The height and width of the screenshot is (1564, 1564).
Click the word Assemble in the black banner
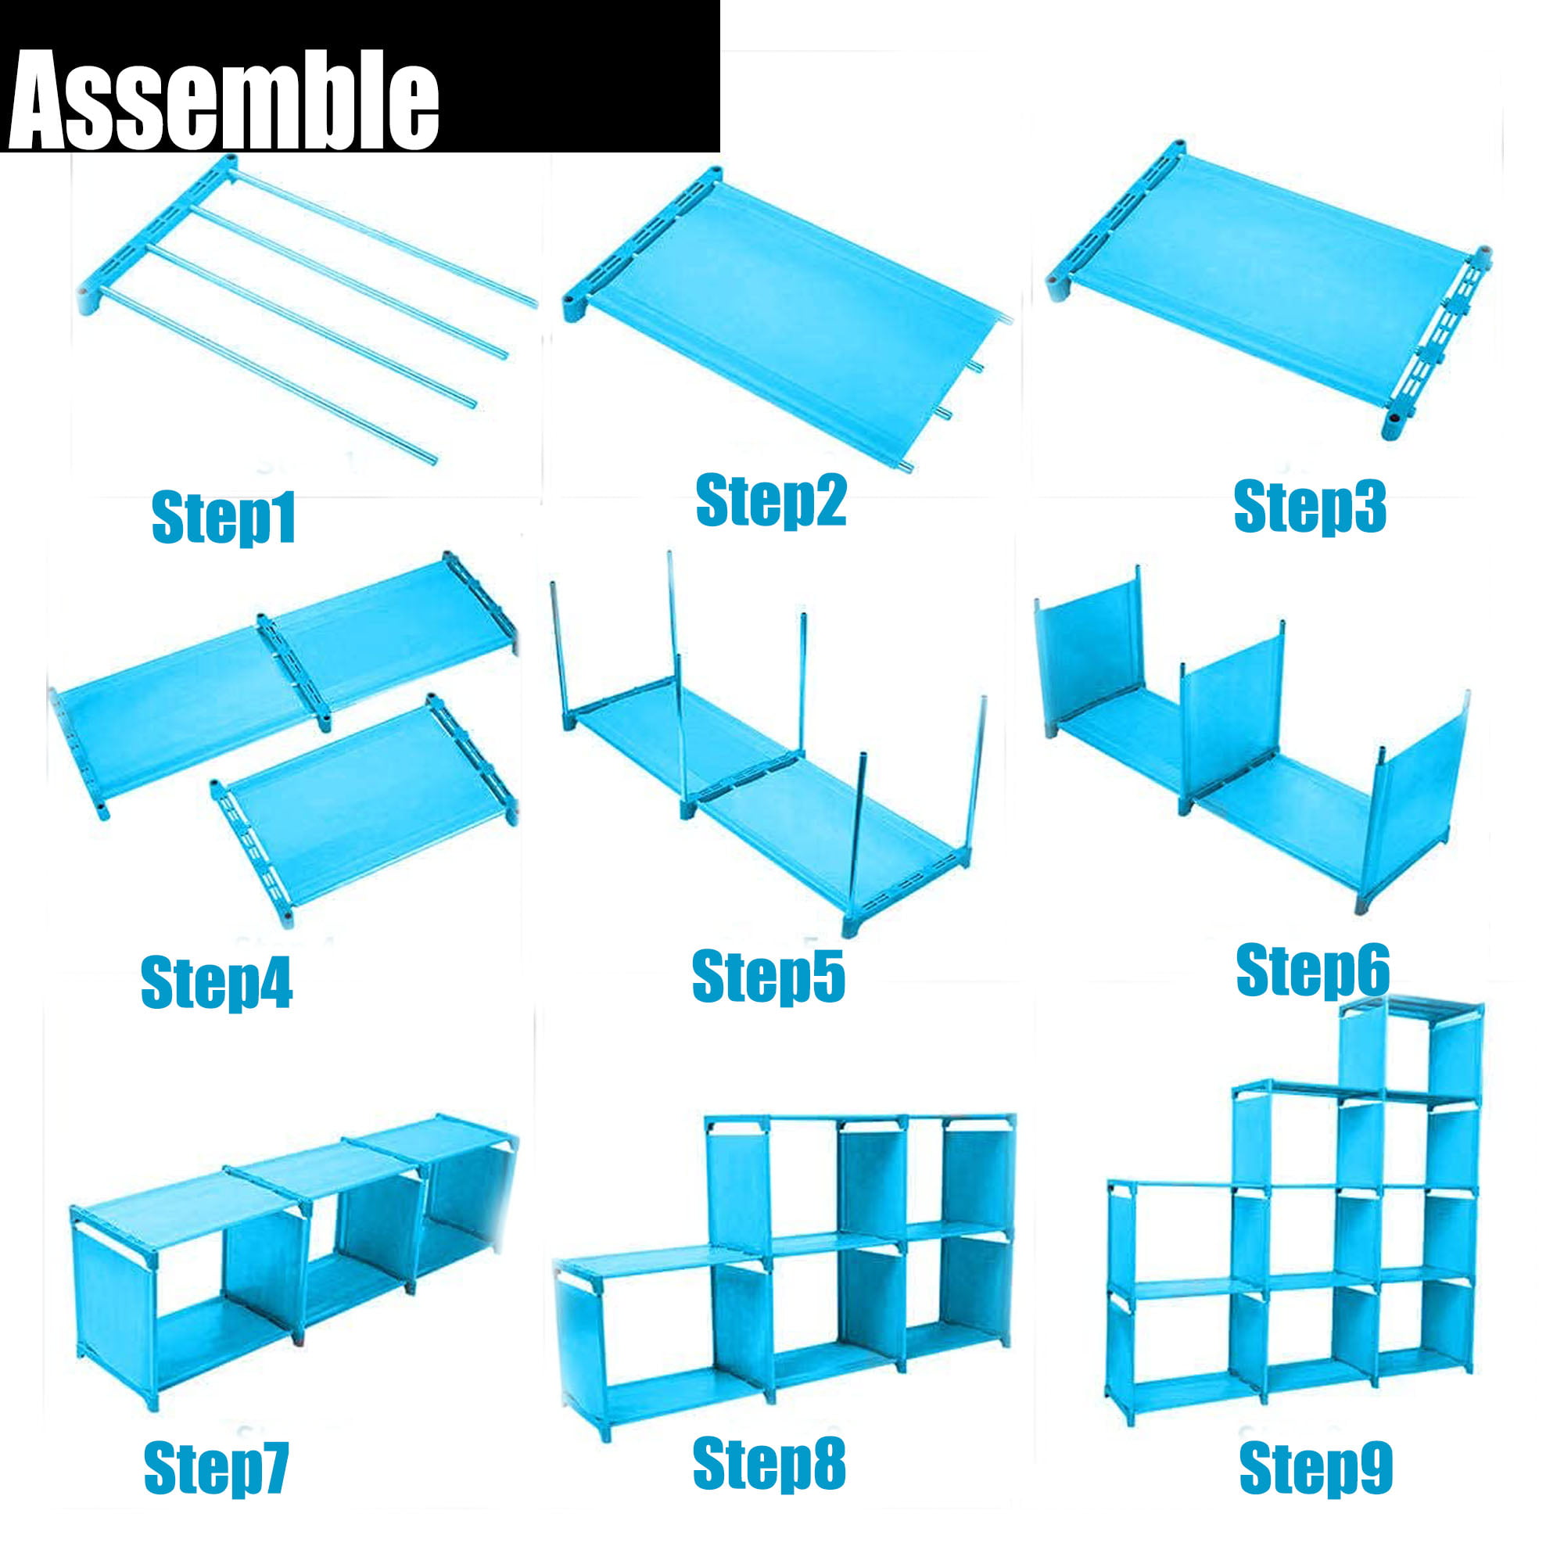224,99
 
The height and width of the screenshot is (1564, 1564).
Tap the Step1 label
224,517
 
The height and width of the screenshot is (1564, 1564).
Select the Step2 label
771,501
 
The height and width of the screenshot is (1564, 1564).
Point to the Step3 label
1310,507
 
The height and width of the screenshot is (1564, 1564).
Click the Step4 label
216,983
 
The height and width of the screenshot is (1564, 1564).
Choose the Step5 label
768,978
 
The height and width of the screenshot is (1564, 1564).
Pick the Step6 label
1312,970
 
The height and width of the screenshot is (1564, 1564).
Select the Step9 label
1315,1467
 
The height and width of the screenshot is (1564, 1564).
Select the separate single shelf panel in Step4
364,809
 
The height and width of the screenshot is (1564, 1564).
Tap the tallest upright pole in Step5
677,680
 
